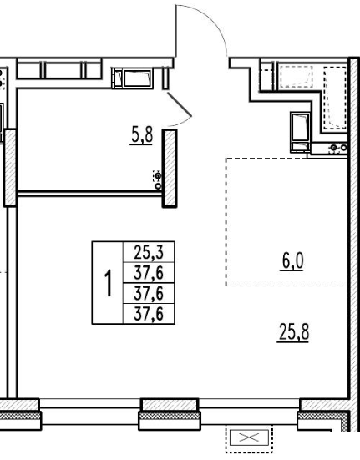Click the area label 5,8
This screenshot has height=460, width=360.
pyautogui.click(x=141, y=136)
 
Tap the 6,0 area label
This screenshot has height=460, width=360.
pyautogui.click(x=292, y=261)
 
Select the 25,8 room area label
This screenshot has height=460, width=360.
pyautogui.click(x=294, y=332)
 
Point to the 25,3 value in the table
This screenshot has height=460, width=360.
pyautogui.click(x=149, y=252)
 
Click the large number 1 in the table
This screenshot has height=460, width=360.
pyautogui.click(x=109, y=283)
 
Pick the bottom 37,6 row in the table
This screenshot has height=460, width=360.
pyautogui.click(x=149, y=314)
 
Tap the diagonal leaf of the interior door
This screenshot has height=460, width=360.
pyautogui.click(x=179, y=104)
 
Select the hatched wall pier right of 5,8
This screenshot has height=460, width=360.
pyautogui.click(x=170, y=169)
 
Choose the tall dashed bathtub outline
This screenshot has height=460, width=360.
pyautogui.click(x=335, y=98)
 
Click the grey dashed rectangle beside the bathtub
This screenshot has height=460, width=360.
pyautogui.click(x=296, y=77)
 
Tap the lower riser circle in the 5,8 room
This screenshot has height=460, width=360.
pyautogui.click(x=158, y=186)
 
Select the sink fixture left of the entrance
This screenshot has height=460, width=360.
pyautogui.click(x=132, y=78)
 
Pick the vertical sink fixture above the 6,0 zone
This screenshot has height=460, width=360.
pyautogui.click(x=300, y=132)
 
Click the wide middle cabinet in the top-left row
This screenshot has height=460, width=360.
pyautogui.click(x=63, y=70)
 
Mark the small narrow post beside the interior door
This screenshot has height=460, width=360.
pyautogui.click(x=165, y=78)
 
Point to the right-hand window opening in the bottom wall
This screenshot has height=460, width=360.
pyautogui.click(x=250, y=410)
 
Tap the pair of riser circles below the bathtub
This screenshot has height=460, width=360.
pyautogui.click(x=338, y=148)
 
